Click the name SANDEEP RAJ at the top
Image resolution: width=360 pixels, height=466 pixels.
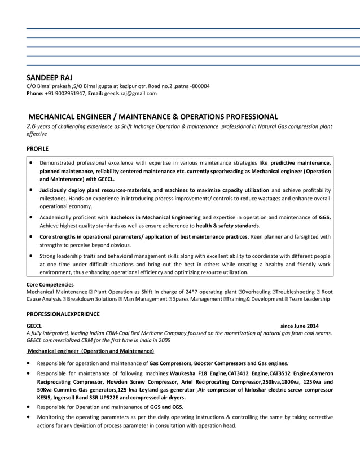[x=50, y=77]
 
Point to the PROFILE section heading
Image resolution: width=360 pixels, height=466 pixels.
[x=38, y=148]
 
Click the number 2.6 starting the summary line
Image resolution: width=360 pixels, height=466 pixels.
[x=32, y=126]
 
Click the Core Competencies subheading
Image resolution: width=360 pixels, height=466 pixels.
[x=50, y=285]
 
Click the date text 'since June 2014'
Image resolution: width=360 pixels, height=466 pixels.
[x=299, y=326]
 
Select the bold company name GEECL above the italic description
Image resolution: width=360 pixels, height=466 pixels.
[x=34, y=326]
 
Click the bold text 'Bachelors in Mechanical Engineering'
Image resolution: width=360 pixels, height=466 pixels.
[x=155, y=217]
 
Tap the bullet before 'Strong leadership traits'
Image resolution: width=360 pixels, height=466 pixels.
[x=30, y=256]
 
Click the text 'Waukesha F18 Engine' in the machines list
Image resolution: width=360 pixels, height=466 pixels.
[x=198, y=373]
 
